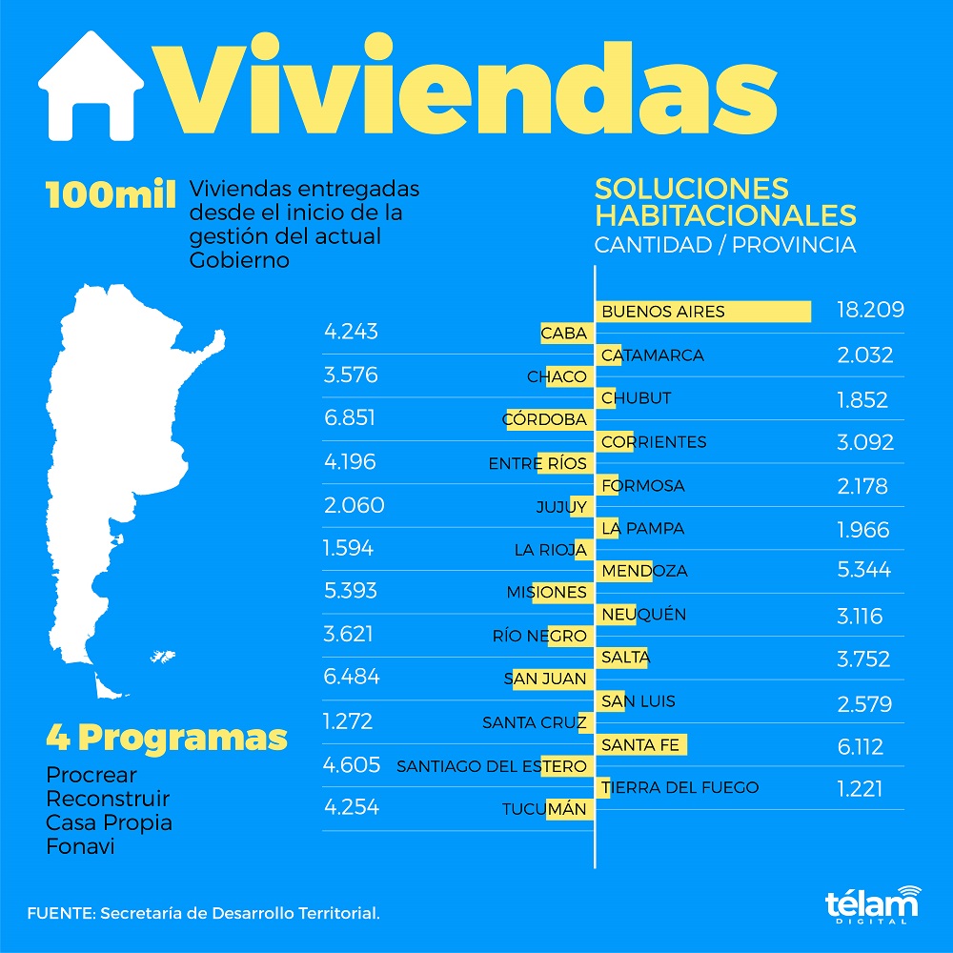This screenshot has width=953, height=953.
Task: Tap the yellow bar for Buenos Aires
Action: coord(705,312)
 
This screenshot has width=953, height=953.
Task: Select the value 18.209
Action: coord(869,311)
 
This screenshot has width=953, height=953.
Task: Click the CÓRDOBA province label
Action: coord(545,419)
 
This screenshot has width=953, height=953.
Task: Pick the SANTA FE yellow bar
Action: coord(642,744)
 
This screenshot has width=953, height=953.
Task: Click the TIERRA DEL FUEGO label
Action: coord(680,787)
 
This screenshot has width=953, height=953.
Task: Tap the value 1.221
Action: coord(860,788)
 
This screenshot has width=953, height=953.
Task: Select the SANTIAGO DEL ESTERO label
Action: coord(492,765)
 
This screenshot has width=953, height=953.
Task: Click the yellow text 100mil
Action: coord(111,194)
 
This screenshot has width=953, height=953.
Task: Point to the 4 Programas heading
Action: coord(167,737)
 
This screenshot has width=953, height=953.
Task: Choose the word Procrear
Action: coord(91,775)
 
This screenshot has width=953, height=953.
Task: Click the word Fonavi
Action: coord(80,845)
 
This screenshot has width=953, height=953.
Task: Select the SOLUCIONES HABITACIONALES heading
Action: coord(725,200)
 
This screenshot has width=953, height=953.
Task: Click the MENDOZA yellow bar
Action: coord(625,571)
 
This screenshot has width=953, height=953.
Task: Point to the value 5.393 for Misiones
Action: coord(350,591)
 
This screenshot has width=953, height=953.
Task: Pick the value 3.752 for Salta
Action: coord(863,659)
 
